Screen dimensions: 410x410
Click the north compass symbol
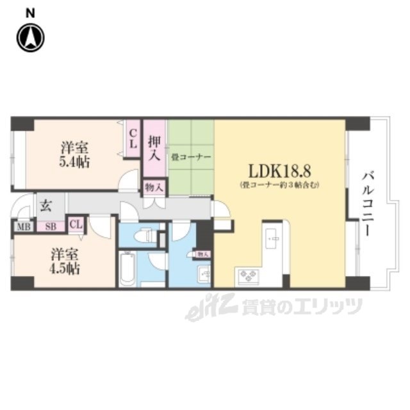[30, 38]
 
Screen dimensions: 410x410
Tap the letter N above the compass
[30, 12]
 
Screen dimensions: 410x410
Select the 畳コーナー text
[191, 156]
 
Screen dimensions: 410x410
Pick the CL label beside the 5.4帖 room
[133, 139]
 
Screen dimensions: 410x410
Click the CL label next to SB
[76, 224]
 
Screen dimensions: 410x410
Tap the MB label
[23, 226]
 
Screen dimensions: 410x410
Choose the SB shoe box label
[49, 226]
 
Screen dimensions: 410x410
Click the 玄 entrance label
[47, 206]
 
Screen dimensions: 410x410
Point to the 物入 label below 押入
[154, 187]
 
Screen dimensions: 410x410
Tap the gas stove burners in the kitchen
[247, 277]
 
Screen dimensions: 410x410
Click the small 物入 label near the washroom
[202, 254]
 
